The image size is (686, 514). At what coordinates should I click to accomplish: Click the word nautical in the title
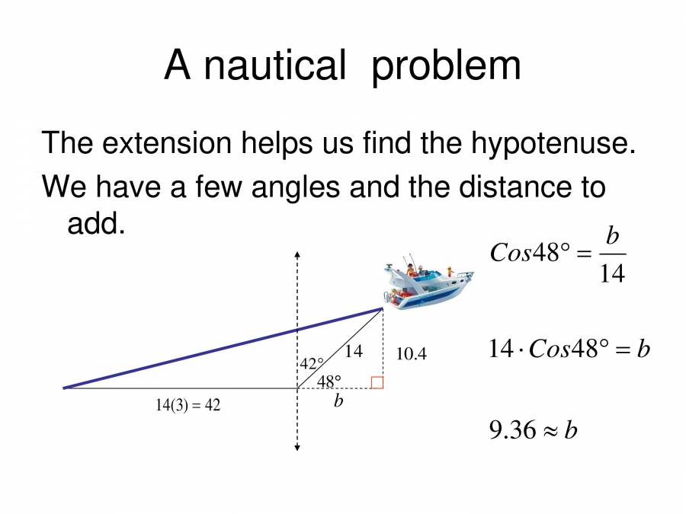(x=274, y=66)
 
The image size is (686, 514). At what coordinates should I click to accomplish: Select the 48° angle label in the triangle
(x=329, y=380)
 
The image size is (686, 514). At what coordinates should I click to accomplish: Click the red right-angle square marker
(x=377, y=383)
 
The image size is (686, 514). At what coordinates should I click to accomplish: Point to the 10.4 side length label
(x=412, y=354)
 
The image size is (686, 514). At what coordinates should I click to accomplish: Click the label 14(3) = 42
(x=188, y=406)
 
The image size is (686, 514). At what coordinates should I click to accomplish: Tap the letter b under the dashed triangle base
(x=338, y=401)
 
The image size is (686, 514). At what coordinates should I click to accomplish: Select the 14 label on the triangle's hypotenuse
(x=354, y=351)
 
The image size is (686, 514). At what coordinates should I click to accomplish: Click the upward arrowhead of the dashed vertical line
(x=297, y=254)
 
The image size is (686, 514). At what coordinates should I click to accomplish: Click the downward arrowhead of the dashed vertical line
(x=297, y=448)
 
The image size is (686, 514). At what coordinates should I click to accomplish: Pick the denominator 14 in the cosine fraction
(x=612, y=273)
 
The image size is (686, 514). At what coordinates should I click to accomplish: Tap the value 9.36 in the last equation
(x=514, y=431)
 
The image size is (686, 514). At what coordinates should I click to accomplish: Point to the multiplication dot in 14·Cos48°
(x=522, y=350)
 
